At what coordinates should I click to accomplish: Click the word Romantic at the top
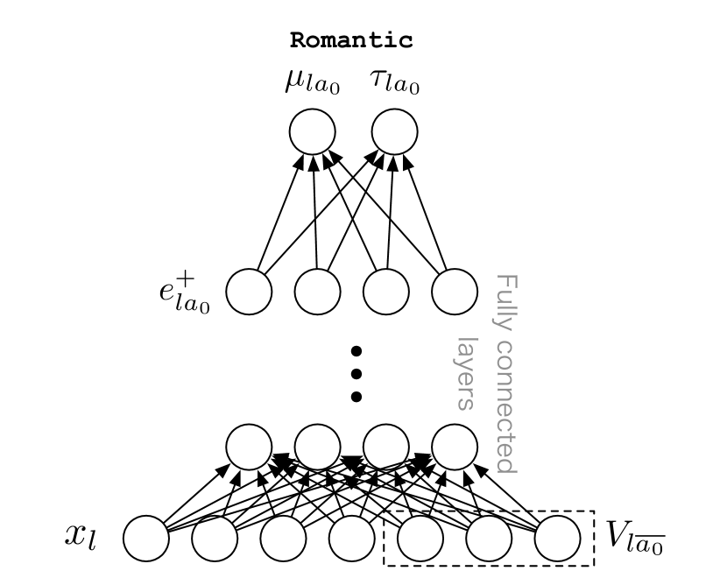pyautogui.click(x=351, y=40)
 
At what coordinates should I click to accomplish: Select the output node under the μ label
pyautogui.click(x=313, y=133)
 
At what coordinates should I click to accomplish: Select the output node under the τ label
pyautogui.click(x=395, y=133)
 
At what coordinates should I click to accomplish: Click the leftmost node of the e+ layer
pyautogui.click(x=250, y=292)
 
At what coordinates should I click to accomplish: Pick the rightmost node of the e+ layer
pyautogui.click(x=455, y=292)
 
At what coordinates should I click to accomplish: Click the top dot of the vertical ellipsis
pyautogui.click(x=356, y=352)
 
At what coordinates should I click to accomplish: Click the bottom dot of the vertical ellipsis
pyautogui.click(x=356, y=397)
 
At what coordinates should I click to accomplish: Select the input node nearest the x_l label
pyautogui.click(x=146, y=538)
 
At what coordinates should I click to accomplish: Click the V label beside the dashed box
pyautogui.click(x=636, y=535)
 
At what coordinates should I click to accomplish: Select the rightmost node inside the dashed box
pyautogui.click(x=558, y=538)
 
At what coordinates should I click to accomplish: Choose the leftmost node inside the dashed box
pyautogui.click(x=420, y=538)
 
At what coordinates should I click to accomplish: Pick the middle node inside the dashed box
pyautogui.click(x=489, y=538)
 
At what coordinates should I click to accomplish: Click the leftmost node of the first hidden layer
pyautogui.click(x=250, y=447)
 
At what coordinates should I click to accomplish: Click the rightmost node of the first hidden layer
pyautogui.click(x=455, y=447)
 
